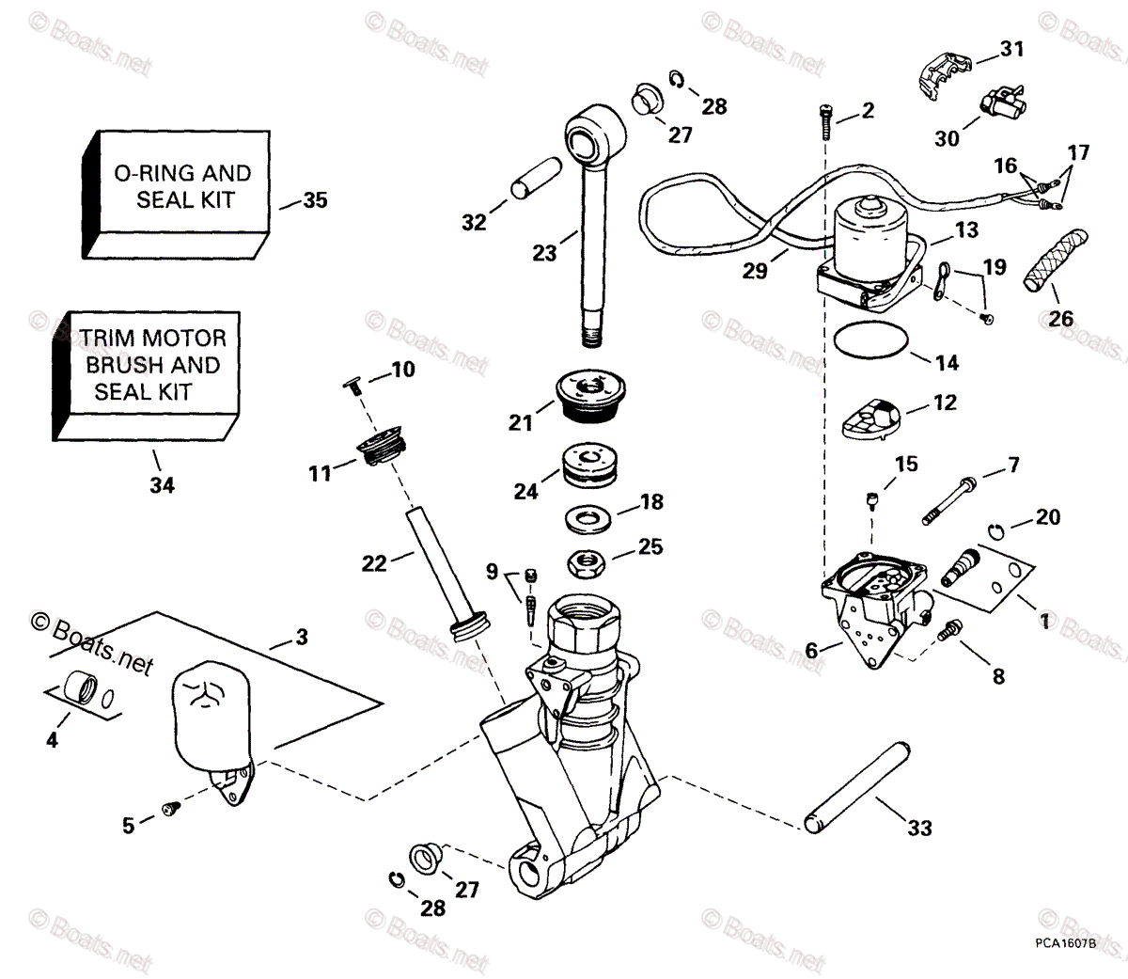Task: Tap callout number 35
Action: pos(315,200)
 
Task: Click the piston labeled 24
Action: pos(587,468)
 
